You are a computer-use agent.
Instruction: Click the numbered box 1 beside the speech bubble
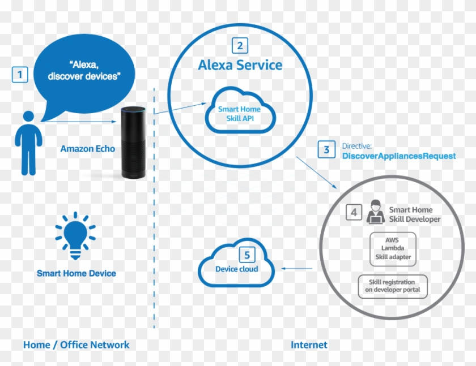pos(20,75)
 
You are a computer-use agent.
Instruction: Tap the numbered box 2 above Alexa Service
pos(240,46)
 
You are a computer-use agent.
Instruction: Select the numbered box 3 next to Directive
pos(326,150)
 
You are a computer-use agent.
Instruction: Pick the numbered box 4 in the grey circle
pos(354,213)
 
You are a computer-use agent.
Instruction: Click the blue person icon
pos(27,143)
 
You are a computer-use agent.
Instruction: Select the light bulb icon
pos(75,233)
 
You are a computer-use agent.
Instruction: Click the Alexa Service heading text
pos(240,65)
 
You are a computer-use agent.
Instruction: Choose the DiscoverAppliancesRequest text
pos(398,156)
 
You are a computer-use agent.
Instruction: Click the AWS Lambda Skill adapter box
pos(392,248)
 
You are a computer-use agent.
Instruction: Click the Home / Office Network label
pos(76,345)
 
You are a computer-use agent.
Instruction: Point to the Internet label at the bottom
pos(309,345)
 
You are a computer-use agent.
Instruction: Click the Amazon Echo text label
pos(88,149)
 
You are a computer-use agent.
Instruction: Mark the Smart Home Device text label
pos(76,273)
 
